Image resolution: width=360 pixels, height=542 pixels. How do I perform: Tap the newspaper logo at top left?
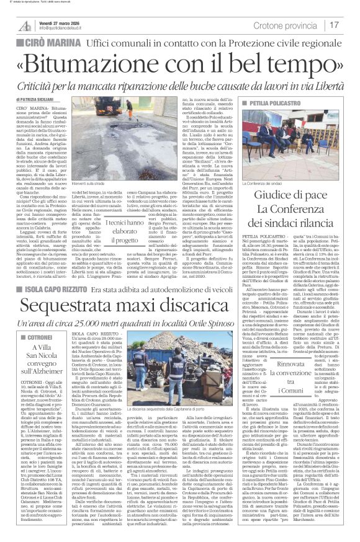point(25,25)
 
